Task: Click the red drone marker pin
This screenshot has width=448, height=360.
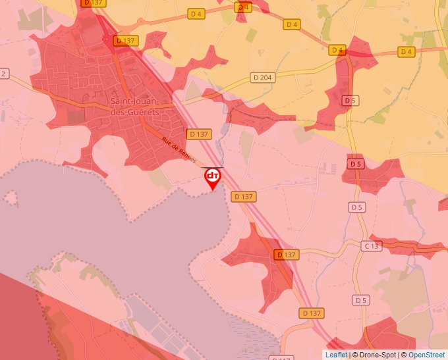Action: point(213,176)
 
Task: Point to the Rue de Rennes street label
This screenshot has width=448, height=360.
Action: point(179,151)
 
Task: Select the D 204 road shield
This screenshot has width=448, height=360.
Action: point(262,77)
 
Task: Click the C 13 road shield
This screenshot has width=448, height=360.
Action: point(372,246)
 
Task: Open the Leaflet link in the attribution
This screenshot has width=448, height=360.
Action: point(336,355)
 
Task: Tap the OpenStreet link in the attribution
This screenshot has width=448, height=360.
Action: point(428,355)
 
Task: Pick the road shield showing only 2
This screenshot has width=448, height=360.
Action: point(3,74)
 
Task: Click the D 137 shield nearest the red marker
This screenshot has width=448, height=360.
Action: point(243,196)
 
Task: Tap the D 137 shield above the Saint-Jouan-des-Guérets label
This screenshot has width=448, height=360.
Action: point(125,41)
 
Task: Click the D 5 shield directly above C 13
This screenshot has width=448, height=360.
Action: point(356,207)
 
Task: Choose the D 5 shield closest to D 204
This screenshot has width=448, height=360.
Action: point(350,101)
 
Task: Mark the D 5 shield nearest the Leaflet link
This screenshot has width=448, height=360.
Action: point(360,300)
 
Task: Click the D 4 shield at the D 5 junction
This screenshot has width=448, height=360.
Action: point(337,50)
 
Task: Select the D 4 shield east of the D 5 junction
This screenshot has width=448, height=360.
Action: point(406,51)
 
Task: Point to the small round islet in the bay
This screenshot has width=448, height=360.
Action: point(11,197)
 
